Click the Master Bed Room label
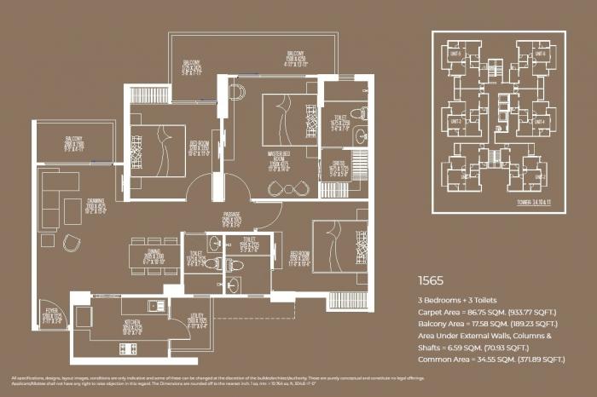(278, 159)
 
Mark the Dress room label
(335, 169)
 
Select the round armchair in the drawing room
(71, 242)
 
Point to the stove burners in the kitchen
(127, 348)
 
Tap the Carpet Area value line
(487, 314)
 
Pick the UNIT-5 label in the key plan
(455, 54)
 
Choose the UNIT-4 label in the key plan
(540, 120)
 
